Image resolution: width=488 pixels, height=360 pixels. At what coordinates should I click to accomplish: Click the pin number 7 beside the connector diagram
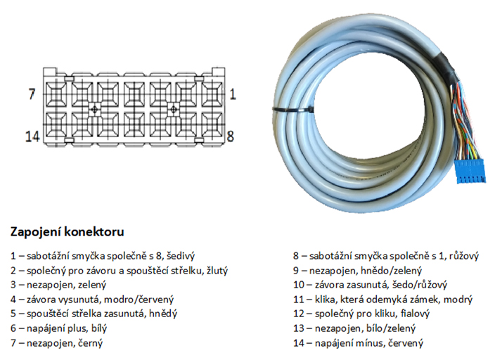pos(32,94)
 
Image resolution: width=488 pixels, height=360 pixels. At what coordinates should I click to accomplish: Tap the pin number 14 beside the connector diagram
pos(32,136)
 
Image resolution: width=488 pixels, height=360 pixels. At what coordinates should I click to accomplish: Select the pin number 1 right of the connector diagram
pos(233,94)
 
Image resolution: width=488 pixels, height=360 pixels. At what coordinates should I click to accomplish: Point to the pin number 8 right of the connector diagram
pos(231,136)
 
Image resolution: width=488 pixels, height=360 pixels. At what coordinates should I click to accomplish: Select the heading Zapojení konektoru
pos(68,232)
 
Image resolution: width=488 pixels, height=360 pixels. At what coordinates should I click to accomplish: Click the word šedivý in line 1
pos(181,256)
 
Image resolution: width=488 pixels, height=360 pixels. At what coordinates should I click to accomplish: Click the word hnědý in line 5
pos(165,314)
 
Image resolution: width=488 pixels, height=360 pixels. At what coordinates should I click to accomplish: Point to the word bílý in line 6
pos(98,328)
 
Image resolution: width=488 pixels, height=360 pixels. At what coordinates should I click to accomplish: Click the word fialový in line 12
pos(415,314)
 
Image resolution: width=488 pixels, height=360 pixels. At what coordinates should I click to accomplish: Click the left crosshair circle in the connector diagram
pos(95,110)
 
